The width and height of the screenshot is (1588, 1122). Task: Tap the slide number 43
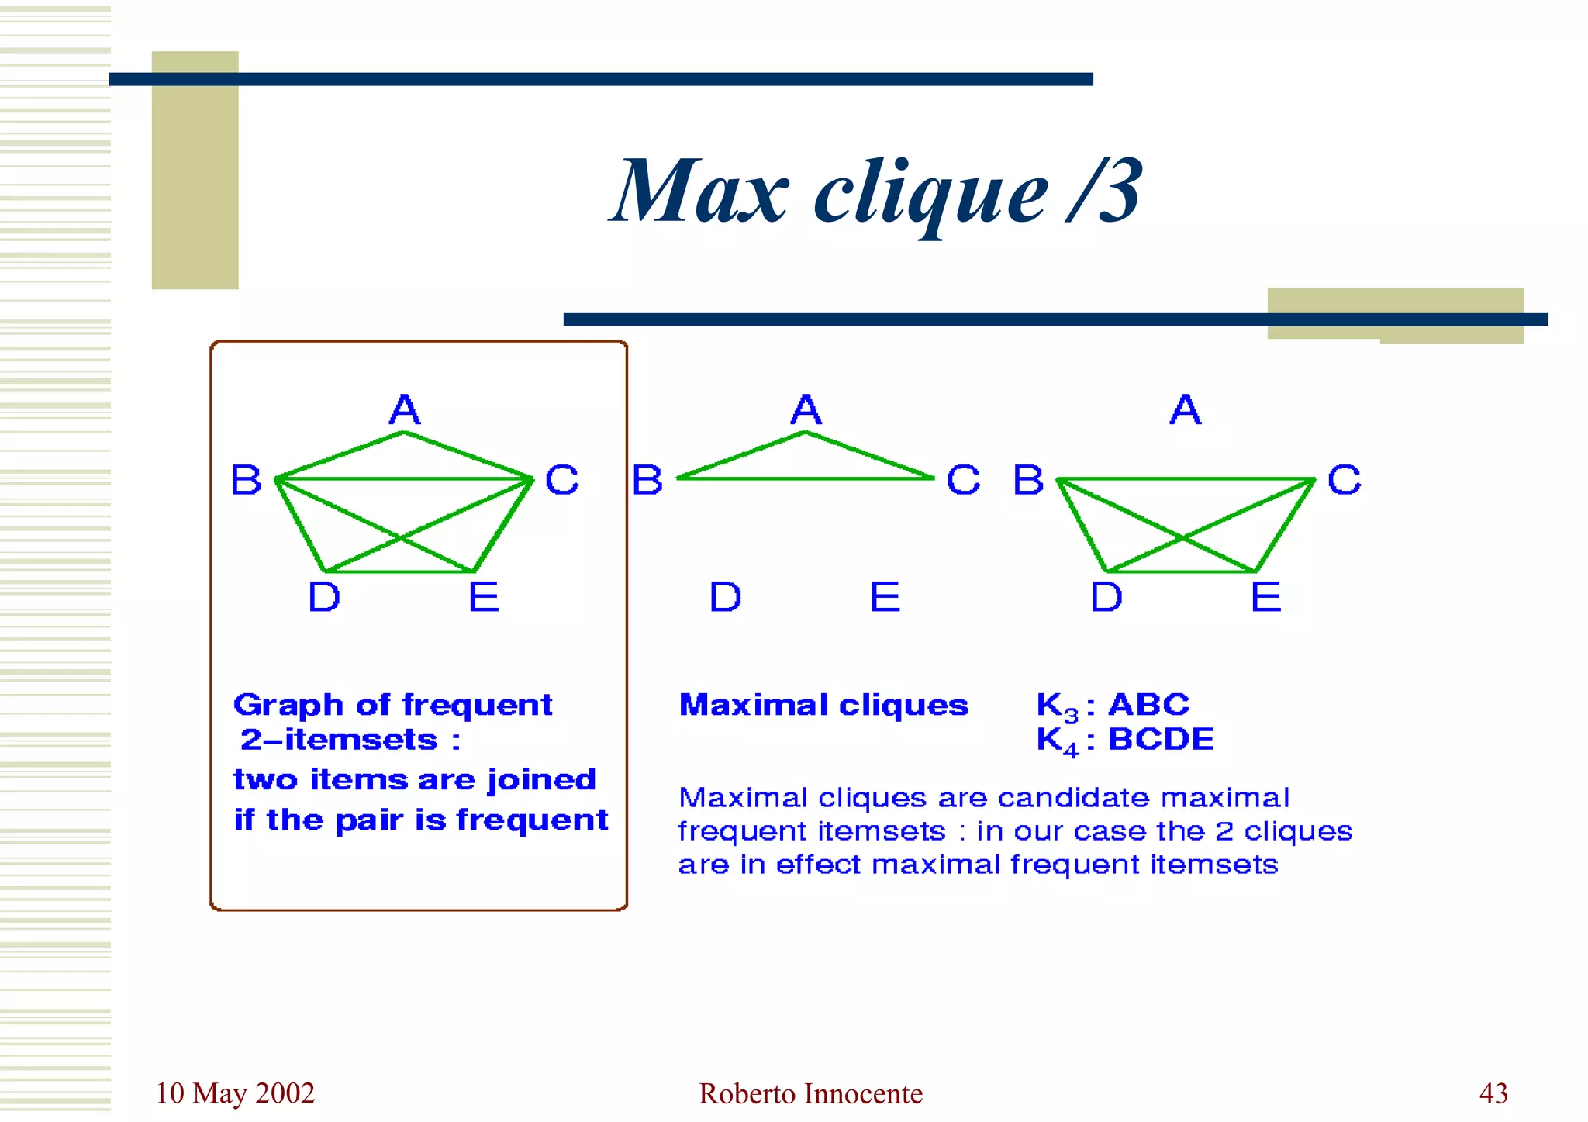pyautogui.click(x=1493, y=1093)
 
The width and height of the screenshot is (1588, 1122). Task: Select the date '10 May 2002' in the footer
pyautogui.click(x=235, y=1093)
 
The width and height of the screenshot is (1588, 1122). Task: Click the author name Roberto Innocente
pyautogui.click(x=810, y=1094)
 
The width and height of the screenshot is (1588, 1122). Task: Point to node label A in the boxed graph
pyautogui.click(x=405, y=409)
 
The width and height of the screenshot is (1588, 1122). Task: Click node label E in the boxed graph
pyautogui.click(x=484, y=597)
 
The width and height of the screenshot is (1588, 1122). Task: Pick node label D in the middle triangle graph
pyautogui.click(x=726, y=597)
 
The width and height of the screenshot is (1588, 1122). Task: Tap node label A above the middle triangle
pyautogui.click(x=806, y=409)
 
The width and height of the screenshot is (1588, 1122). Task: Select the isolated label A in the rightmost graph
pyautogui.click(x=1186, y=409)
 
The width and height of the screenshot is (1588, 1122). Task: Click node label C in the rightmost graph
pyautogui.click(x=1344, y=480)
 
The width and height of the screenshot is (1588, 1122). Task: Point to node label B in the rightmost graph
pyautogui.click(x=1028, y=480)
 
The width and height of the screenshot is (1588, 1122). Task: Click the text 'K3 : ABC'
pyautogui.click(x=1112, y=706)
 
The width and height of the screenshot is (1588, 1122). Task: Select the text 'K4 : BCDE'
pyautogui.click(x=1124, y=741)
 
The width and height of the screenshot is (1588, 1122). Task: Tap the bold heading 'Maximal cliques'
pyautogui.click(x=823, y=705)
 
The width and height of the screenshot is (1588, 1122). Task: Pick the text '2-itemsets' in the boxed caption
pyautogui.click(x=340, y=740)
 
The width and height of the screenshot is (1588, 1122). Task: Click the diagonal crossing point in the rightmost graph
pyautogui.click(x=1182, y=537)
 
